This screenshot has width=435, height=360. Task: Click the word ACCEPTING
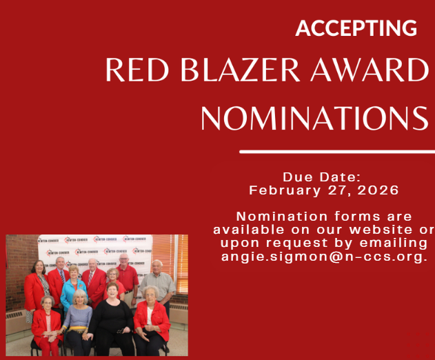click(x=356, y=28)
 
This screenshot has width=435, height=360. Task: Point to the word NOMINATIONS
click(x=314, y=118)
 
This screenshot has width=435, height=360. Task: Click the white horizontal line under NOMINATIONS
click(x=337, y=151)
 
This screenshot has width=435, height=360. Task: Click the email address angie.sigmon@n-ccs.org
click(x=325, y=256)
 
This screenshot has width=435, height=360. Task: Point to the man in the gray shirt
click(x=158, y=283)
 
